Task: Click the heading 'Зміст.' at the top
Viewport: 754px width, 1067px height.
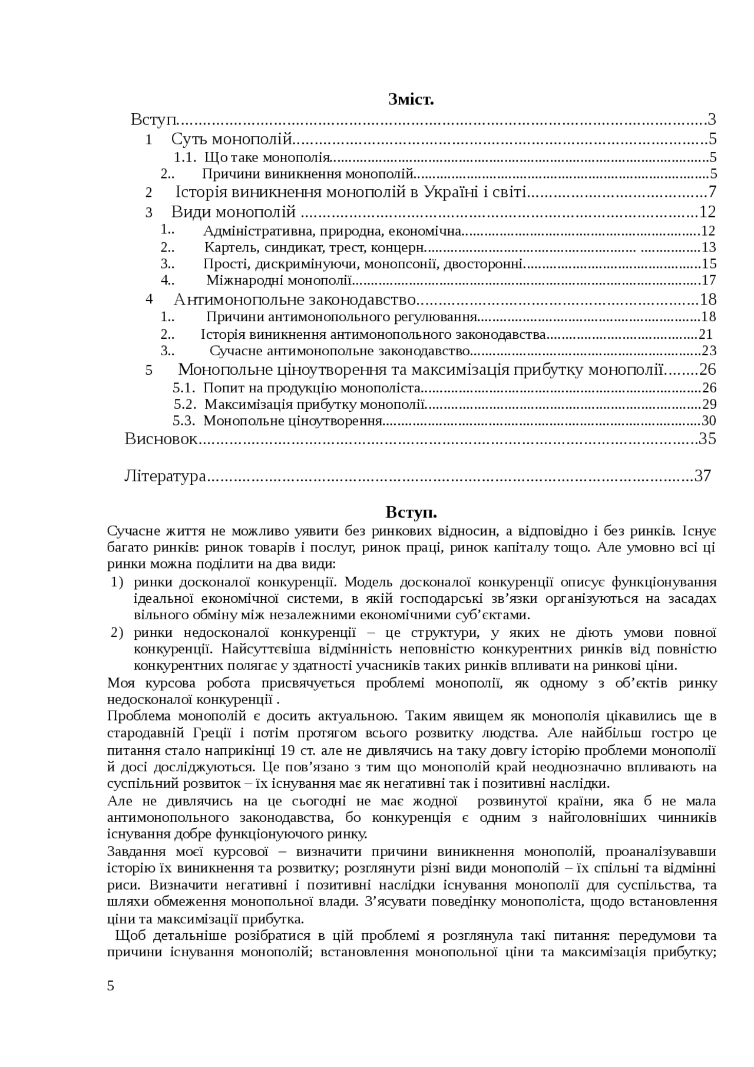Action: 411,99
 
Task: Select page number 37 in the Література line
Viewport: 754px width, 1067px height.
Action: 703,475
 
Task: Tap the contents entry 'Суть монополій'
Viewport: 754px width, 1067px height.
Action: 232,139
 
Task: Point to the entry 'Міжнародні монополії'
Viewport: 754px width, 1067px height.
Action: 279,280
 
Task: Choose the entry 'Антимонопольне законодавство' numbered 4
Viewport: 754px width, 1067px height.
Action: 295,299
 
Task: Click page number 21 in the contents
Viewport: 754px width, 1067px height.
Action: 706,335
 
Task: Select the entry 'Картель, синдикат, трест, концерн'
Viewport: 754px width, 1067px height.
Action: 315,247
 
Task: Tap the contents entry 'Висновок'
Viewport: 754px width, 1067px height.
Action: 161,439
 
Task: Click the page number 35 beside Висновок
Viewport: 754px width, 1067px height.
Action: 707,439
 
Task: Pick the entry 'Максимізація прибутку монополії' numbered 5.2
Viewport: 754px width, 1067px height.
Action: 315,404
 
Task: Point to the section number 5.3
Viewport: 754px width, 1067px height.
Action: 184,421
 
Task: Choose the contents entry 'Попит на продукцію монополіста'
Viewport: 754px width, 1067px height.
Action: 312,388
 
